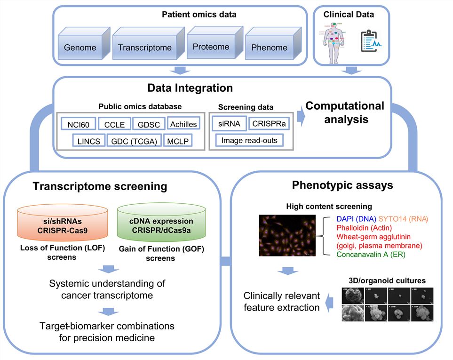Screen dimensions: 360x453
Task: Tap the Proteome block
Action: click(210, 46)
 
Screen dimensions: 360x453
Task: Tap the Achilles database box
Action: click(183, 124)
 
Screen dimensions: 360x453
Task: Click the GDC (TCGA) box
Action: click(134, 140)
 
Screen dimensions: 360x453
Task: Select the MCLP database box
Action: click(178, 140)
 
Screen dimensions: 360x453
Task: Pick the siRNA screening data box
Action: click(228, 124)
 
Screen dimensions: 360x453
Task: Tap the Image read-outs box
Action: click(249, 140)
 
